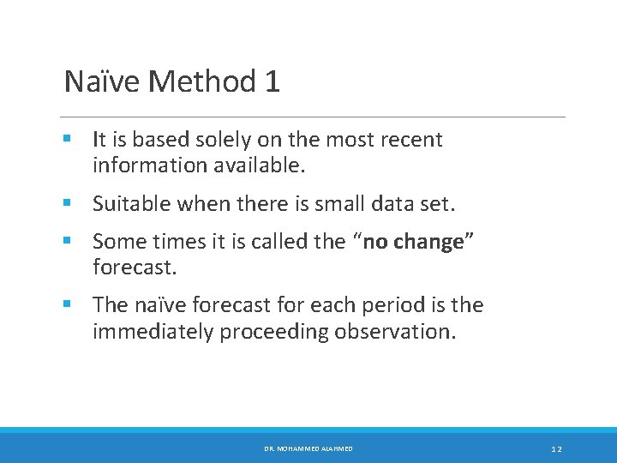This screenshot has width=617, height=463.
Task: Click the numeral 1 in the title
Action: point(273,82)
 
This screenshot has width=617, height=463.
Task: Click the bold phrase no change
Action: point(413,242)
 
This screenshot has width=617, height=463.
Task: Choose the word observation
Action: point(393,331)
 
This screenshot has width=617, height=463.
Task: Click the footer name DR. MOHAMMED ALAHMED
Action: point(308,448)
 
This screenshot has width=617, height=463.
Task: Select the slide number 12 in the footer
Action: point(556,448)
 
